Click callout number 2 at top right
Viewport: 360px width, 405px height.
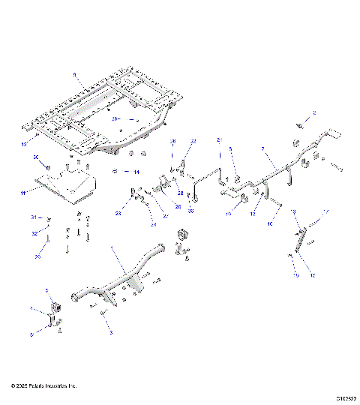coord(314,112)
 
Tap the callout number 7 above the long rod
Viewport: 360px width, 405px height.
coord(262,150)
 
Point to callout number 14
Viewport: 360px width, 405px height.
coord(136,172)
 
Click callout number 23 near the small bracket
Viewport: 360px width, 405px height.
coord(118,214)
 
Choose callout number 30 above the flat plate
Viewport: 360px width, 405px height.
coord(36,157)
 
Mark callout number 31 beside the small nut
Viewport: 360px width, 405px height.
coord(33,217)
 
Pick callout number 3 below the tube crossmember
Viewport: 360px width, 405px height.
coord(111,331)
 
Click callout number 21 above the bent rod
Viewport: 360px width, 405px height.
coord(220,140)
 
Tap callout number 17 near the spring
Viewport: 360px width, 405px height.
coord(325,211)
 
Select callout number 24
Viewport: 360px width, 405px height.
coord(153,223)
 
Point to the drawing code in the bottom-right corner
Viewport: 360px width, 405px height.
coord(346,398)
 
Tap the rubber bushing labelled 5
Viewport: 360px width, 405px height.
coord(55,307)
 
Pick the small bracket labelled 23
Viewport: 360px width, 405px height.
coord(135,196)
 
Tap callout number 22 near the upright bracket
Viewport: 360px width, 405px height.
coord(193,141)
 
